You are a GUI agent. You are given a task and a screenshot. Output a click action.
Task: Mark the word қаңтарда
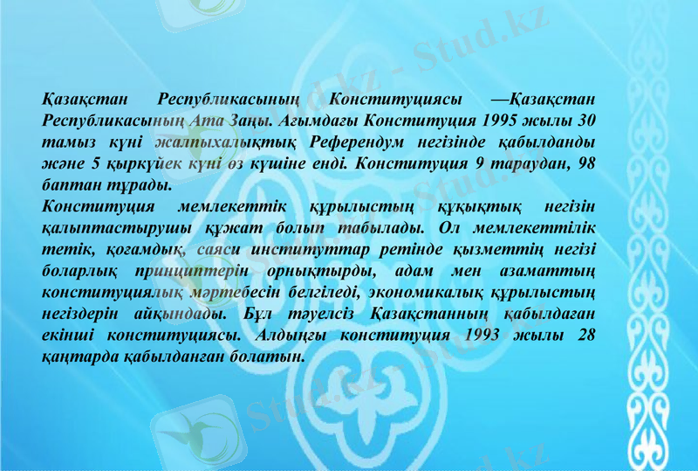click(x=75, y=357)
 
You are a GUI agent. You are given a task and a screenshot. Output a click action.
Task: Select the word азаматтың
click(x=550, y=271)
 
